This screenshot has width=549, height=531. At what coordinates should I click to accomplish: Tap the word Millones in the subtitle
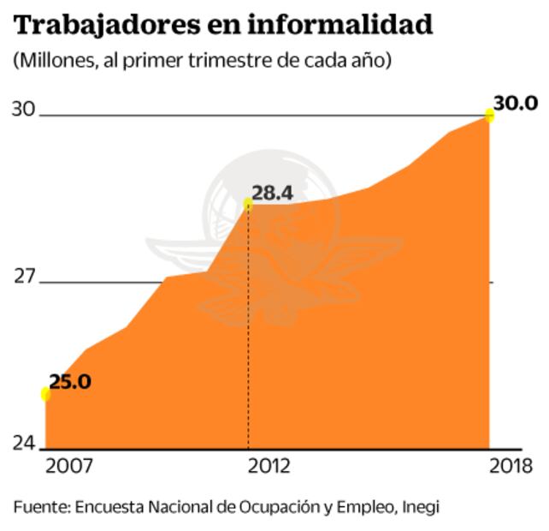[x=51, y=63]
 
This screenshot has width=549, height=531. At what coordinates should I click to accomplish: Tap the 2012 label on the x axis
[x=269, y=467]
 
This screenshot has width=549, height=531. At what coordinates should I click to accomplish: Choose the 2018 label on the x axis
[x=511, y=467]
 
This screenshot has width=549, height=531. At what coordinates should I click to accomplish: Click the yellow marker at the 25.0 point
[x=44, y=394]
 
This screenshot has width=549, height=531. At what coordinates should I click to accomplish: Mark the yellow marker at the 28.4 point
[x=248, y=204]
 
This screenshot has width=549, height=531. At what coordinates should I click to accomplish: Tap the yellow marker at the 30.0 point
[x=490, y=115]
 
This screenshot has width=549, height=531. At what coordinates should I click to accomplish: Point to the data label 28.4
[x=273, y=193]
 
